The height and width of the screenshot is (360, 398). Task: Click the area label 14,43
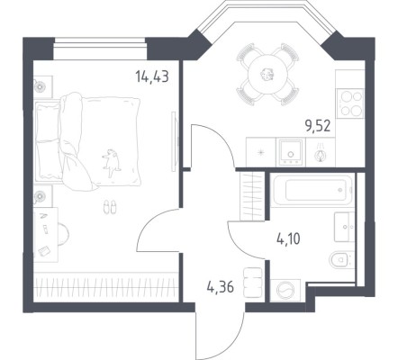[x=151, y=77]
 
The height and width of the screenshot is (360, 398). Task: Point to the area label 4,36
[x=220, y=289]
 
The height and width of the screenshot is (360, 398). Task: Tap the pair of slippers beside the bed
[x=109, y=208]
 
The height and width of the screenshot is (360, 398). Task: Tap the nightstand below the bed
[x=41, y=196]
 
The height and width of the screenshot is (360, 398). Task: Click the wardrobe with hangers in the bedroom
[x=99, y=286]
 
